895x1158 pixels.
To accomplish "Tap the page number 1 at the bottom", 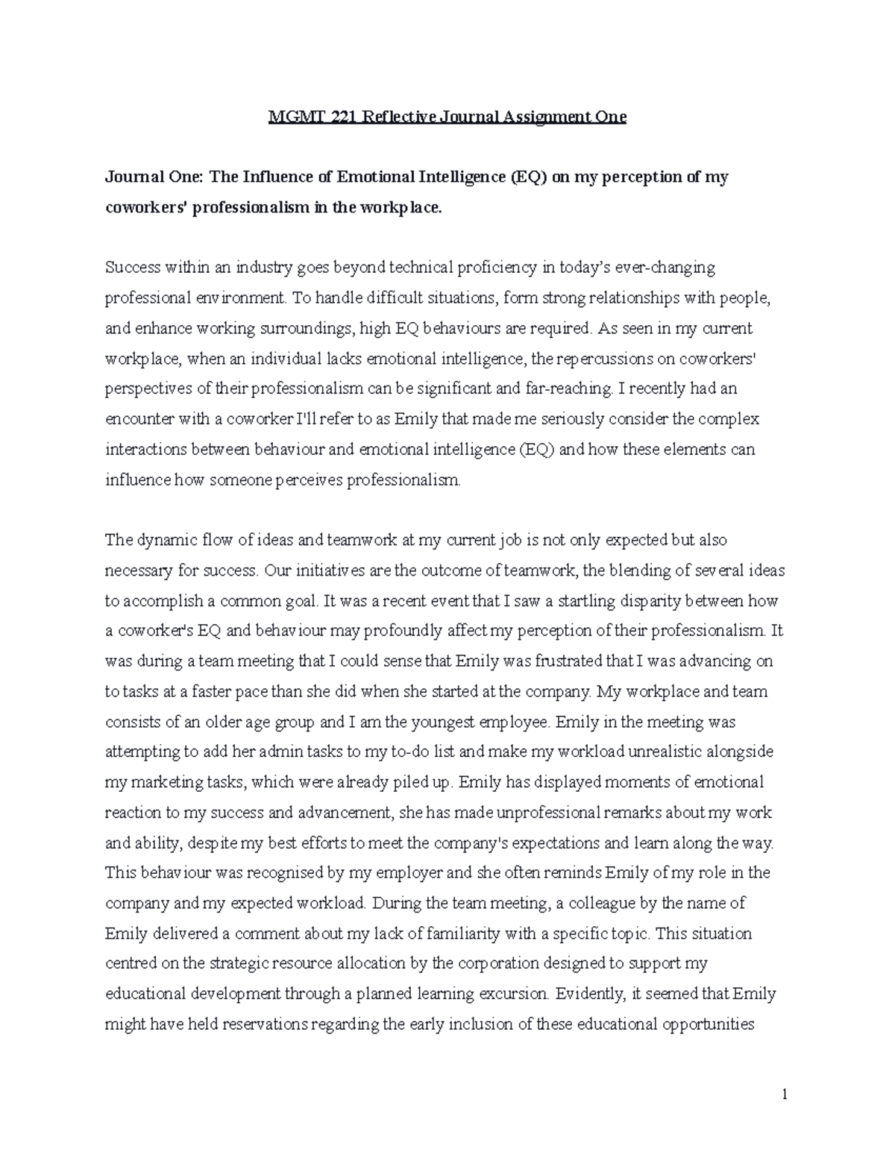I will click(x=785, y=1095).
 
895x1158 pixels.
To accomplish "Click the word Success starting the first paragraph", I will click(x=133, y=268).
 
